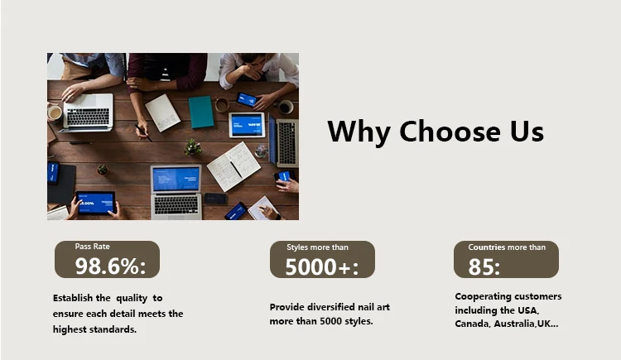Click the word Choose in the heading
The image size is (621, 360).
click(x=450, y=132)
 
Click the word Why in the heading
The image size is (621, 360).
click(x=359, y=132)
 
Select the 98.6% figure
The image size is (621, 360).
click(x=110, y=266)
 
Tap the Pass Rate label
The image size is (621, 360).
click(x=92, y=247)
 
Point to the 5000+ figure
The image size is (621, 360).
click(x=321, y=267)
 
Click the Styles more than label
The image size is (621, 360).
click(x=317, y=247)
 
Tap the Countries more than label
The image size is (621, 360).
click(x=507, y=247)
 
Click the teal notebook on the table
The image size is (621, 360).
click(x=201, y=112)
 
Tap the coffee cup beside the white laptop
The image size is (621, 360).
click(x=55, y=113)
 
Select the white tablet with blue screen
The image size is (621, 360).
click(x=247, y=125)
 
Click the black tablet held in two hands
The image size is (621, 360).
click(x=96, y=203)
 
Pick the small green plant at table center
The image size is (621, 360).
click(x=192, y=147)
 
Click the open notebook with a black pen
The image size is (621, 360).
click(x=233, y=166)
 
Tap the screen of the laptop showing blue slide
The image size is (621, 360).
click(x=176, y=179)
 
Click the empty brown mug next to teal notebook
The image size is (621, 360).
click(x=222, y=104)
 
